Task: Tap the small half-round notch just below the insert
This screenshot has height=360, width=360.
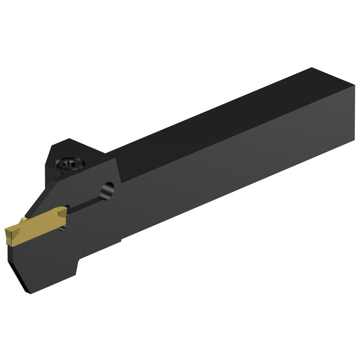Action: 64,228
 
